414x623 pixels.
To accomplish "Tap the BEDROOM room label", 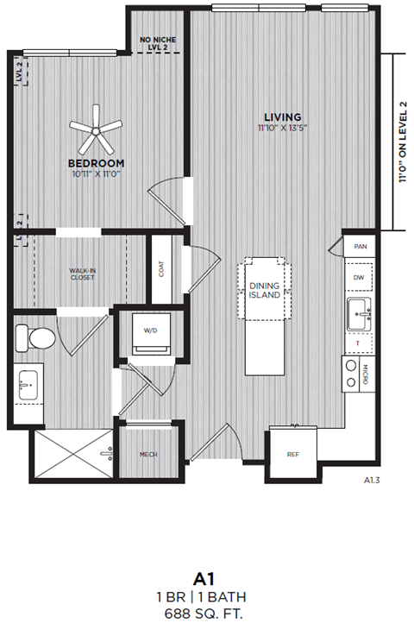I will pyautogui.click(x=96, y=163).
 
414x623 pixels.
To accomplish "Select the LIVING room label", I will pyautogui.click(x=282, y=116).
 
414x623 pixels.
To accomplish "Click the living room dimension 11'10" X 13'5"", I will pyautogui.click(x=282, y=128).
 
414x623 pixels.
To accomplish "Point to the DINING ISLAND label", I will pyautogui.click(x=265, y=291).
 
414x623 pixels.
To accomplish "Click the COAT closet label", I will pyautogui.click(x=160, y=269).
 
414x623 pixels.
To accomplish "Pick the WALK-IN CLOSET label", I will pyautogui.click(x=83, y=274).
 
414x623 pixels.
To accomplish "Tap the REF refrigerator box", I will pyautogui.click(x=292, y=455).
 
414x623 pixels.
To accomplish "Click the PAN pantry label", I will pyautogui.click(x=360, y=246).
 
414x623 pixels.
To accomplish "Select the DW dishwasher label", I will pyautogui.click(x=360, y=277).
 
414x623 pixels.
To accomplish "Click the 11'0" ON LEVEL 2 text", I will pyautogui.click(x=402, y=142).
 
